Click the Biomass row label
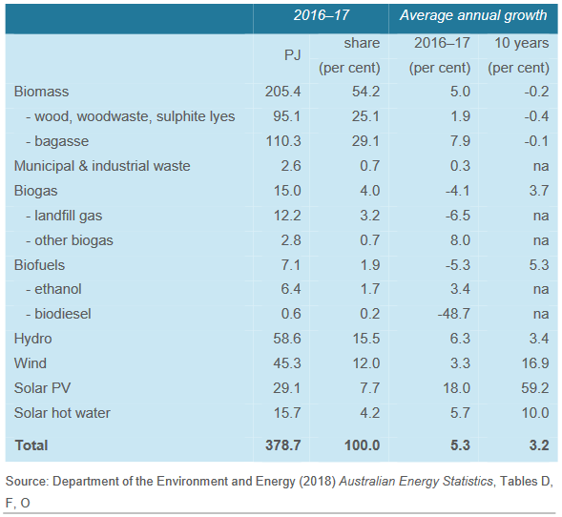pyautogui.click(x=41, y=92)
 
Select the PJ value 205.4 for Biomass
pyautogui.click(x=282, y=92)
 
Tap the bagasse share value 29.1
pyautogui.click(x=365, y=141)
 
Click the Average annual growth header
pyautogui.click(x=473, y=15)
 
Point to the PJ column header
pyautogui.click(x=293, y=55)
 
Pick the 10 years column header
pyautogui.click(x=522, y=43)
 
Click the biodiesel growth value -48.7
pyautogui.click(x=453, y=314)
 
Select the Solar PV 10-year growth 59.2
pyautogui.click(x=534, y=388)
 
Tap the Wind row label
pyautogui.click(x=31, y=363)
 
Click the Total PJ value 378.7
pyautogui.click(x=282, y=445)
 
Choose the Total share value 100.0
pyautogui.click(x=362, y=445)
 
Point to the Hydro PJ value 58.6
pyautogui.click(x=287, y=339)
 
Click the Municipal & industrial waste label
pyautogui.click(x=102, y=166)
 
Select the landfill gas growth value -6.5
pyautogui.click(x=457, y=216)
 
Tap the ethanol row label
pyautogui.click(x=53, y=289)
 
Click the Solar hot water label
pyautogui.click(x=62, y=413)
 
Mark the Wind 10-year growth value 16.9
pyautogui.click(x=534, y=363)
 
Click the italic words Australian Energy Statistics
pyautogui.click(x=416, y=481)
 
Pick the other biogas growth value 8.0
pyautogui.click(x=460, y=240)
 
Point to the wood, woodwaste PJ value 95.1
pyautogui.click(x=287, y=116)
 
